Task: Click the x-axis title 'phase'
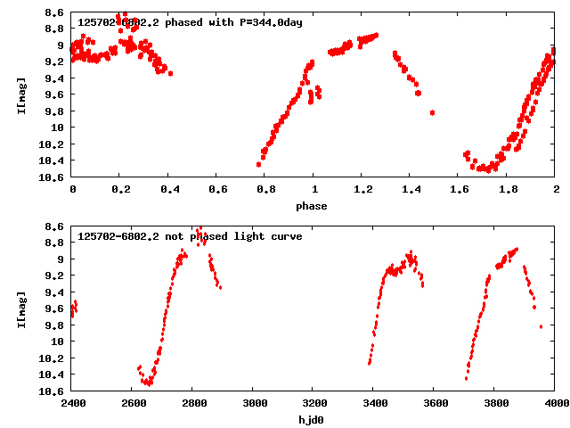point(313,206)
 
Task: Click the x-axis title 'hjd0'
point(313,419)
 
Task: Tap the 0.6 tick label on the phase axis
point(217,189)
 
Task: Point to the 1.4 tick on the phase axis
point(411,189)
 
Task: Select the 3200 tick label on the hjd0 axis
point(313,403)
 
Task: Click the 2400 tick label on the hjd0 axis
point(72,403)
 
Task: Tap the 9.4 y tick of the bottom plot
point(55,292)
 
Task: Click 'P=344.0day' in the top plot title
point(270,22)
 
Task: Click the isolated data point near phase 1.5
point(432,112)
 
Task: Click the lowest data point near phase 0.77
point(258,164)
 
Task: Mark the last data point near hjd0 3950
point(541,326)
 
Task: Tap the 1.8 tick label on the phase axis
point(508,189)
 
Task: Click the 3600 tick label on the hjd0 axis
point(435,403)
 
